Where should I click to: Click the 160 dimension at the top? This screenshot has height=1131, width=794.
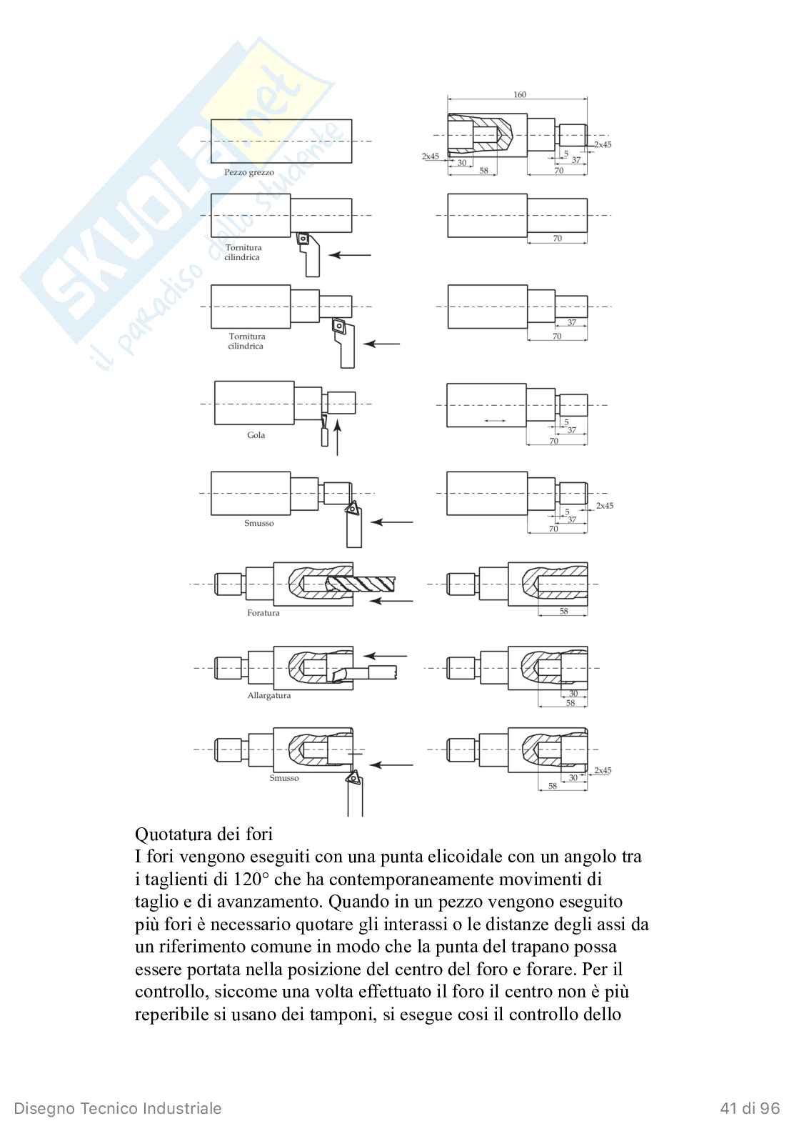519,94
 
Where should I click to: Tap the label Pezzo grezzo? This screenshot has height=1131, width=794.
248,172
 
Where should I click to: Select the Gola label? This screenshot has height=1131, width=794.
256,435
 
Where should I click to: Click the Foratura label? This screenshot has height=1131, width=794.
263,612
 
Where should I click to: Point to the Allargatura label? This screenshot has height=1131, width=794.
269,695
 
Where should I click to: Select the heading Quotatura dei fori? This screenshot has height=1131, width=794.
203,834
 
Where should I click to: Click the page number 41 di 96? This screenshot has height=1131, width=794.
750,1108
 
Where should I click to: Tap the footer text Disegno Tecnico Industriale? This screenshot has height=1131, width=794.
118,1108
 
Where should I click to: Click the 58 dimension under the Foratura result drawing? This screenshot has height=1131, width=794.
563,612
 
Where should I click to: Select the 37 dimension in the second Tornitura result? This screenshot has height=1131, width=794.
571,322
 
